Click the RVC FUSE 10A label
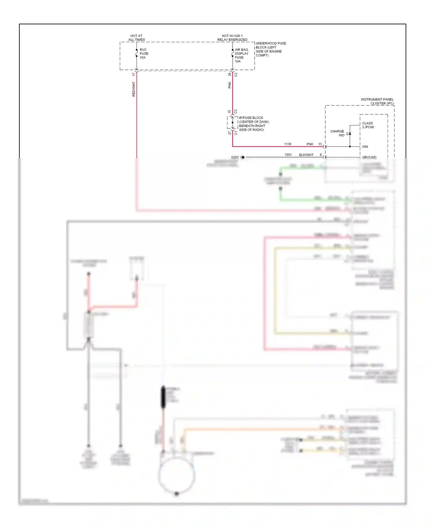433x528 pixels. (x=144, y=53)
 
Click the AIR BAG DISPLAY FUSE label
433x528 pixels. (x=241, y=55)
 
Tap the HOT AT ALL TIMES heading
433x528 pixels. (x=137, y=38)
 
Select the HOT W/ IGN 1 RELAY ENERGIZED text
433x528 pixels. (x=232, y=38)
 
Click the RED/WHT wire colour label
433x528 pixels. (x=134, y=89)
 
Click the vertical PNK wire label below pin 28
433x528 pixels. (x=230, y=85)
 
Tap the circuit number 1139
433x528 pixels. (x=288, y=144)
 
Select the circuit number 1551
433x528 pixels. (x=288, y=155)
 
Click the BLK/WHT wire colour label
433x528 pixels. (x=306, y=155)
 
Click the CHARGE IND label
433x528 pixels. (x=337, y=133)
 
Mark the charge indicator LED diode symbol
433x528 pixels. (x=350, y=134)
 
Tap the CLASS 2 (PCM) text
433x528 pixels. (x=368, y=125)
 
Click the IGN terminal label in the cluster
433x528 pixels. (x=365, y=147)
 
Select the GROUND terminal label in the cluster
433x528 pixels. (x=369, y=157)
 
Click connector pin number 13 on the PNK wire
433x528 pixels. (x=320, y=144)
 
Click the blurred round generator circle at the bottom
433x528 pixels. (x=177, y=475)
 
